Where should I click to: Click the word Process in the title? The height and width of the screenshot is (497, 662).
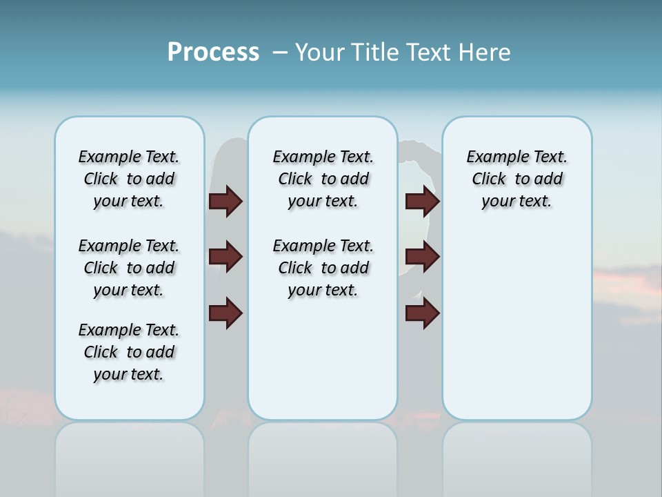[x=213, y=52]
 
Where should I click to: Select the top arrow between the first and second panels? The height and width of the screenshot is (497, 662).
[x=225, y=202]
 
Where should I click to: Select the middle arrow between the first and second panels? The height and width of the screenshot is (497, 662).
[x=225, y=257]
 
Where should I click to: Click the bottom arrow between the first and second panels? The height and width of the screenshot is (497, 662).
[x=225, y=313]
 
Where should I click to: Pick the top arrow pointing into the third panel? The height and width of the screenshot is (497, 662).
[x=423, y=202]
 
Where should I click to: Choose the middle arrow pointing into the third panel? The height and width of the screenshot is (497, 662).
[x=423, y=257]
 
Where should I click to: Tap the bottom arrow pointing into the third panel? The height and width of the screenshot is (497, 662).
[x=423, y=313]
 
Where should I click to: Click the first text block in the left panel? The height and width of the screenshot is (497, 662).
[x=129, y=179]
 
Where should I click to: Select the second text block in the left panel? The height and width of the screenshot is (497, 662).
[x=129, y=268]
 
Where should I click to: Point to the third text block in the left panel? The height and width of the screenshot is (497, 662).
[x=129, y=352]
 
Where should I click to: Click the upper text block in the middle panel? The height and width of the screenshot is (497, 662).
[x=323, y=179]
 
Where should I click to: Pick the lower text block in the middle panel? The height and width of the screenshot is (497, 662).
[x=323, y=268]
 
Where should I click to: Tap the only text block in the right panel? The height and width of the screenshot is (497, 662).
[x=517, y=179]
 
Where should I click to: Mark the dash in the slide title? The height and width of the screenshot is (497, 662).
[x=280, y=52]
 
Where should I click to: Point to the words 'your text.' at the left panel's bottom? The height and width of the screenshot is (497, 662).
[x=129, y=374]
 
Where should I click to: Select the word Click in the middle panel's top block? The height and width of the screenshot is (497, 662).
[x=295, y=179]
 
